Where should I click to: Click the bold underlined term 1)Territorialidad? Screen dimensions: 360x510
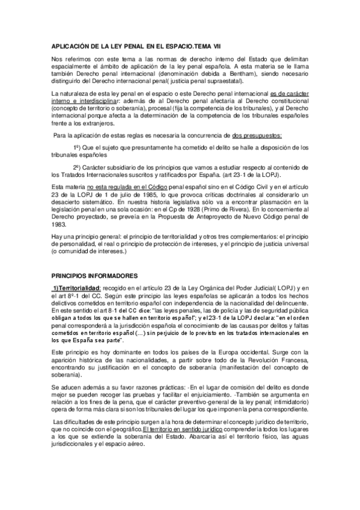[78, 288]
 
